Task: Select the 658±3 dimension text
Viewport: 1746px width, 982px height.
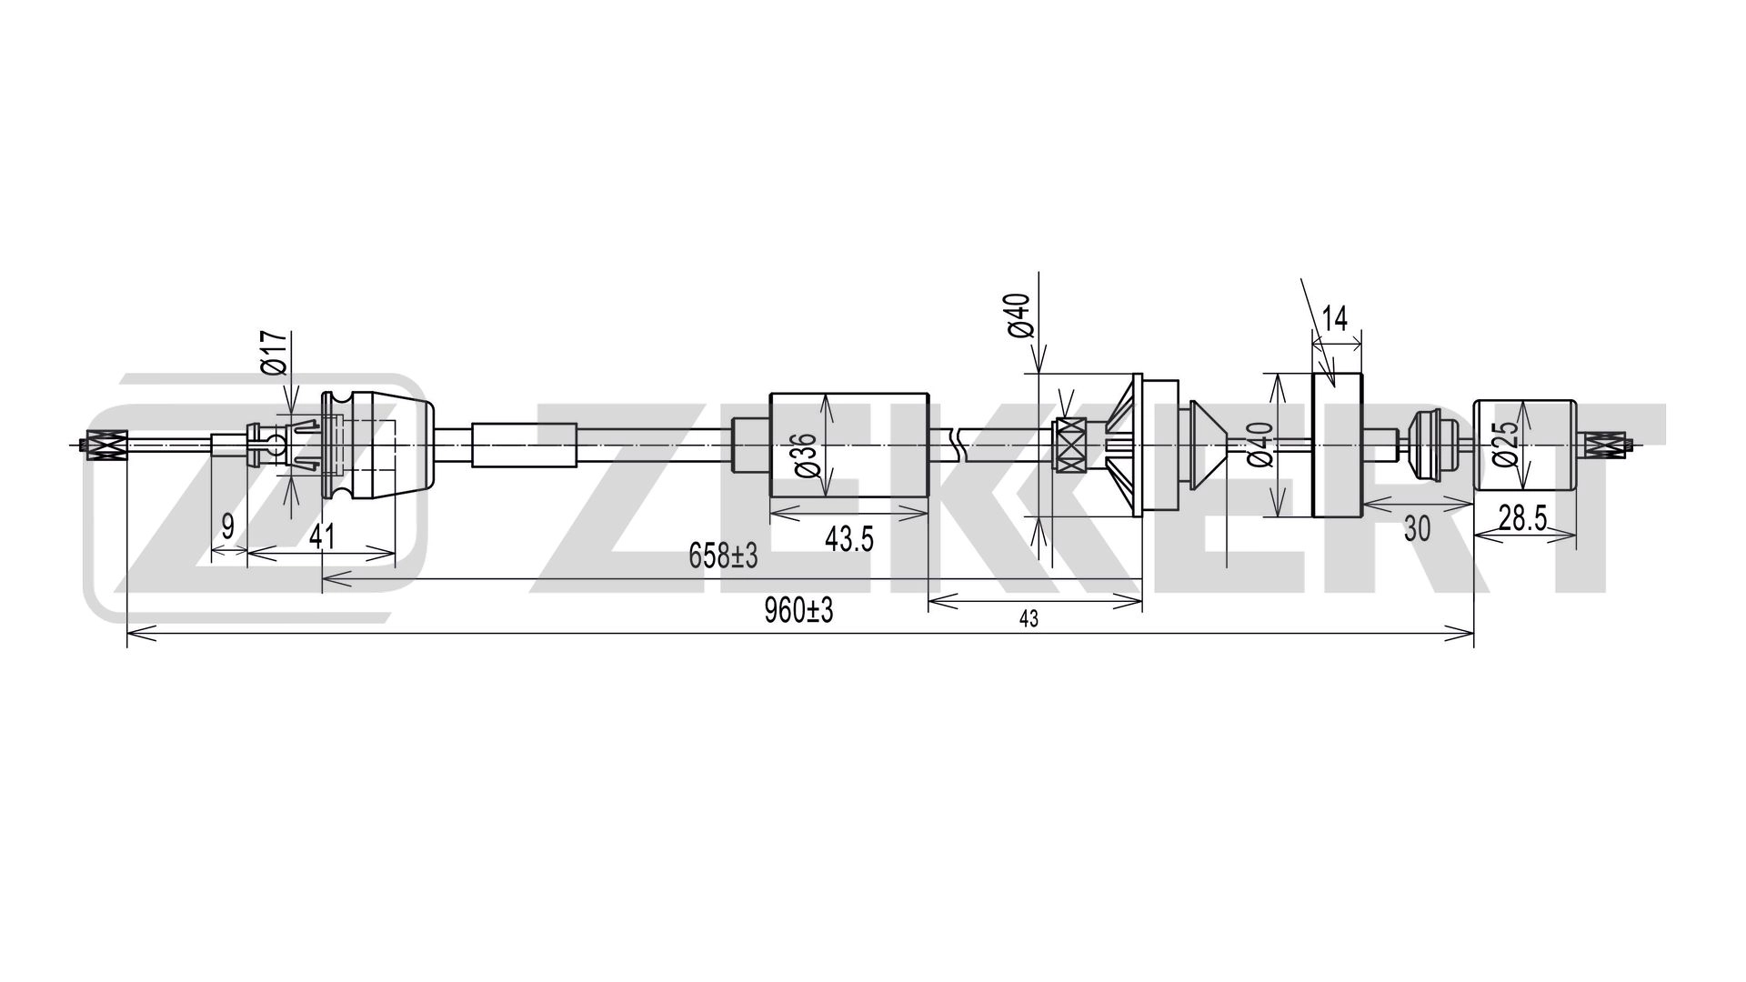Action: tap(723, 556)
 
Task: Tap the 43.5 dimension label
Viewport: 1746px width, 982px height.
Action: tap(848, 539)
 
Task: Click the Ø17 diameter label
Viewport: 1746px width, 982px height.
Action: tap(275, 353)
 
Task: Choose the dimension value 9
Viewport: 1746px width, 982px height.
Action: tap(227, 526)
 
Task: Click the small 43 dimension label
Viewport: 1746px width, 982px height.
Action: tap(1029, 619)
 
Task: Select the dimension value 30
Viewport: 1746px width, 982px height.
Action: tap(1417, 528)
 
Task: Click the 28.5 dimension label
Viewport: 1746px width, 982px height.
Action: tap(1522, 518)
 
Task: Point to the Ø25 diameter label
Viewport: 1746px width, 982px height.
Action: tap(1505, 446)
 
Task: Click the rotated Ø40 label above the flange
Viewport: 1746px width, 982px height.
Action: tap(1019, 316)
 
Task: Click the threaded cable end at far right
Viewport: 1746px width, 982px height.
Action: tap(1608, 446)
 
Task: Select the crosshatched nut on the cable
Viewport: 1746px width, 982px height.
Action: tap(1069, 446)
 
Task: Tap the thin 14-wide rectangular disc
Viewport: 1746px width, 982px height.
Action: tap(1338, 446)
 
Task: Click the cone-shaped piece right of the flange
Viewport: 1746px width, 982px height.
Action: tap(1205, 446)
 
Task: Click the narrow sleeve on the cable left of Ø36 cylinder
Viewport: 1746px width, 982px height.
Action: tap(525, 446)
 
